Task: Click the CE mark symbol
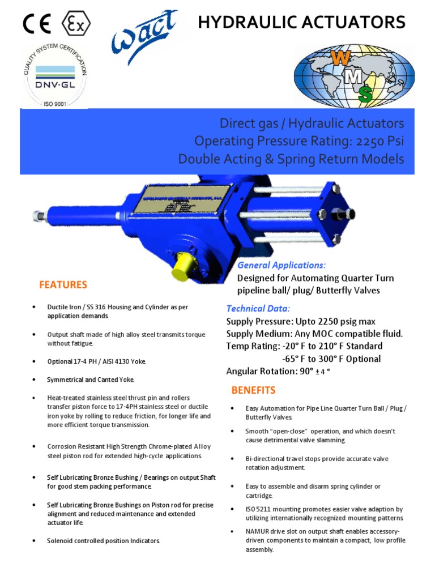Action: coord(37,23)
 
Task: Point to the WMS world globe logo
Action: coord(354,75)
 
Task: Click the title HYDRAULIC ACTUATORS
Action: coord(301,23)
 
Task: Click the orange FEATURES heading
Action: coord(63,284)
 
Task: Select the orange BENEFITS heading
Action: coord(253,390)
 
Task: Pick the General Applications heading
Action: coord(282,265)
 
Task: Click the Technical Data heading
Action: coord(258,309)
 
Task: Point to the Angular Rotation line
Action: coord(278,372)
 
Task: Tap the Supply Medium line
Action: coord(314,334)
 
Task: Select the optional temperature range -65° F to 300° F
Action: coord(331,359)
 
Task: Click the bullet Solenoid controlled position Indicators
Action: coord(104,540)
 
